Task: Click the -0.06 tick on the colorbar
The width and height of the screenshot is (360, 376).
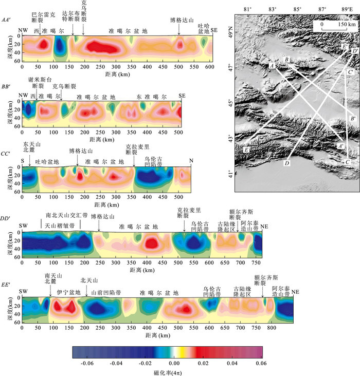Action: pos(88,362)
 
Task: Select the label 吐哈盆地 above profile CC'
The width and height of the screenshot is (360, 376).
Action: pos(47,162)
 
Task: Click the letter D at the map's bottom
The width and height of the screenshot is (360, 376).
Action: pos(286,163)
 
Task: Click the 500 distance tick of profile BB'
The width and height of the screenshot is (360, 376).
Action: pos(178,133)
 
